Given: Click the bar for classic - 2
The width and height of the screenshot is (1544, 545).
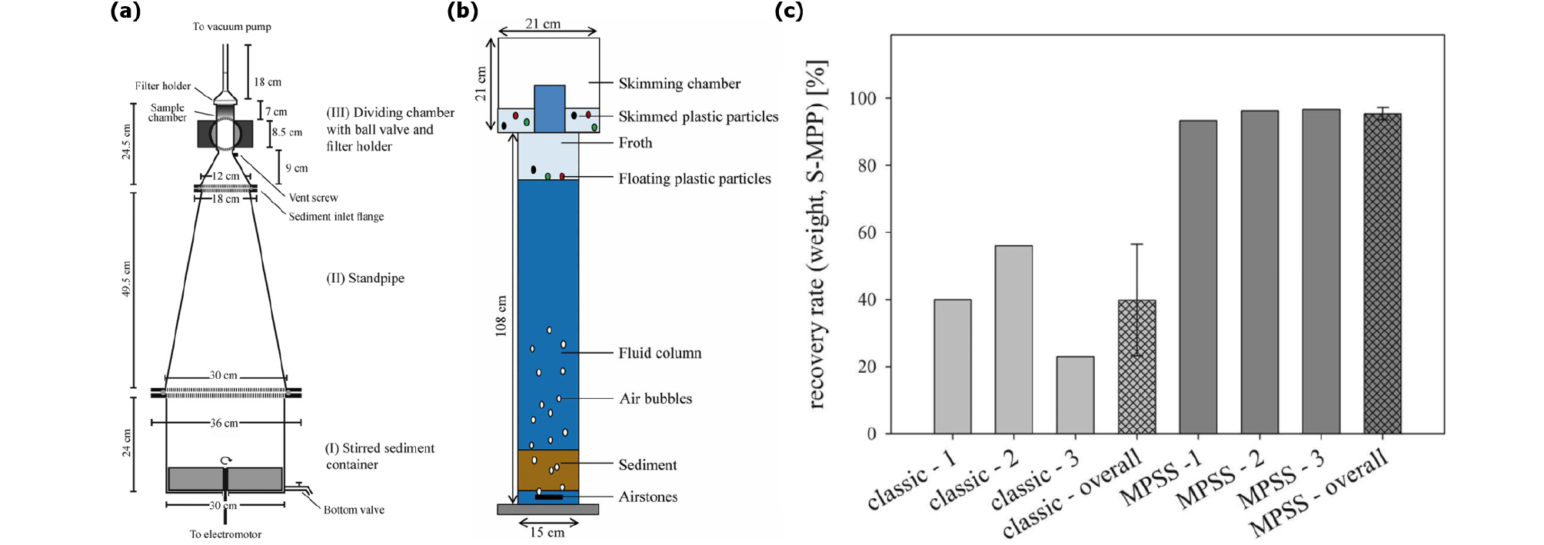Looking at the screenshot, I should pos(1013,340).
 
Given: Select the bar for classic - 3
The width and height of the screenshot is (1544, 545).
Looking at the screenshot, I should pos(1075,395).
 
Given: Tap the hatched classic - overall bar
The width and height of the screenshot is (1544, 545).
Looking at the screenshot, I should pos(1136,367).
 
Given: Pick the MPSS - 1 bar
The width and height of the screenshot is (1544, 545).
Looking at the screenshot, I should pos(1198,277).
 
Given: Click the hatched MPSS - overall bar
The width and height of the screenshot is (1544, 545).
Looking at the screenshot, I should pos(1382,274).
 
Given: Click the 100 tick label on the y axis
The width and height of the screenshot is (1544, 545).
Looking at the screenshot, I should pos(863,98).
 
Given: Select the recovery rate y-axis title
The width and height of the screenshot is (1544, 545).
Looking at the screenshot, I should pos(817,234).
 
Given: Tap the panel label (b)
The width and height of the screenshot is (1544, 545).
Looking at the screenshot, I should pos(462,11).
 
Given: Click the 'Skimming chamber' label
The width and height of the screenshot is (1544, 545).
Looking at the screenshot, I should pos(680,83).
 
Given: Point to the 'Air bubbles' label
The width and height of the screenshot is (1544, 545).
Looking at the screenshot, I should pos(656,398).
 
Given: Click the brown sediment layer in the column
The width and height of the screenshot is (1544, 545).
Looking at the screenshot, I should pos(547,470).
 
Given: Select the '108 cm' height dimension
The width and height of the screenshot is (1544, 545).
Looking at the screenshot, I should pos(501,316).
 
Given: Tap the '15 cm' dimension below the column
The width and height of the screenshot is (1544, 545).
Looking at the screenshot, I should pos(547,532).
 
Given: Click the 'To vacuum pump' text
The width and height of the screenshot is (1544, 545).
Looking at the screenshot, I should pos(231,27).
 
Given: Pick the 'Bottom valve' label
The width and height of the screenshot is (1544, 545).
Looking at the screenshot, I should pos(354,510).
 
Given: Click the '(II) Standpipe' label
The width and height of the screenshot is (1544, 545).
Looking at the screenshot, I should pos(365,278).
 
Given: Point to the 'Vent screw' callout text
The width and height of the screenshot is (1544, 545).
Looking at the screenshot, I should pos(313,198).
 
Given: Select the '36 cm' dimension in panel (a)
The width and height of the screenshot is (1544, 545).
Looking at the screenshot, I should pos(225,423).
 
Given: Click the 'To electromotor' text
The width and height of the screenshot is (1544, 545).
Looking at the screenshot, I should pos(225,534).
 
